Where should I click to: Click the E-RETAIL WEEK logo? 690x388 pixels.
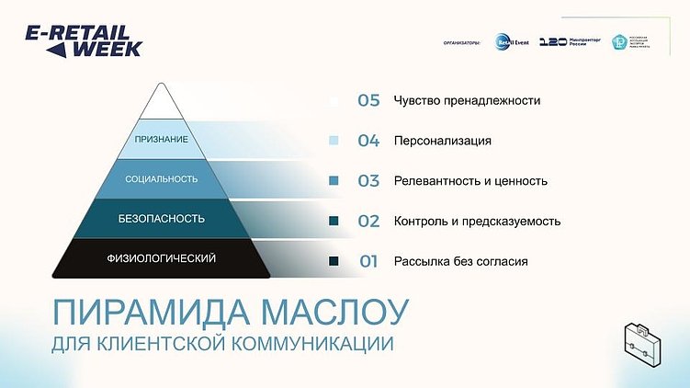[x=84, y=40]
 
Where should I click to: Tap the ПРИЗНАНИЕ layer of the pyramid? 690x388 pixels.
[x=162, y=140]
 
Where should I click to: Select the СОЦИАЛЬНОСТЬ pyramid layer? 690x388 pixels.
[x=162, y=179]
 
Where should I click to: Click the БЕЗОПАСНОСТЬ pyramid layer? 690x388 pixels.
[x=162, y=220]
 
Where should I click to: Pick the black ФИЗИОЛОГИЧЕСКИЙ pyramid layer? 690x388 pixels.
[x=162, y=258]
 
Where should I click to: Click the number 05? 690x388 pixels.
[x=368, y=100]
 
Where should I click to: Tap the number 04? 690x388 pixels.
[x=368, y=141]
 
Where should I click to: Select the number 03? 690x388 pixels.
[x=368, y=181]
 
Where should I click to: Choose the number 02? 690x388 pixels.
[x=368, y=222]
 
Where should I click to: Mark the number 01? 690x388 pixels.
[x=368, y=262]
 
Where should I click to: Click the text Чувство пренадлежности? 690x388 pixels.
[x=466, y=100]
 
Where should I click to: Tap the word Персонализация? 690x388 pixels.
[x=442, y=141]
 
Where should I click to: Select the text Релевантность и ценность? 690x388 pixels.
[x=470, y=181]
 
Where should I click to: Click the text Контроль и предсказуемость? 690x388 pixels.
[x=477, y=222]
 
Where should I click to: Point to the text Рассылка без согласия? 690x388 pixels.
[x=460, y=262]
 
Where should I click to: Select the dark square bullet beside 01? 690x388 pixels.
[x=334, y=262]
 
